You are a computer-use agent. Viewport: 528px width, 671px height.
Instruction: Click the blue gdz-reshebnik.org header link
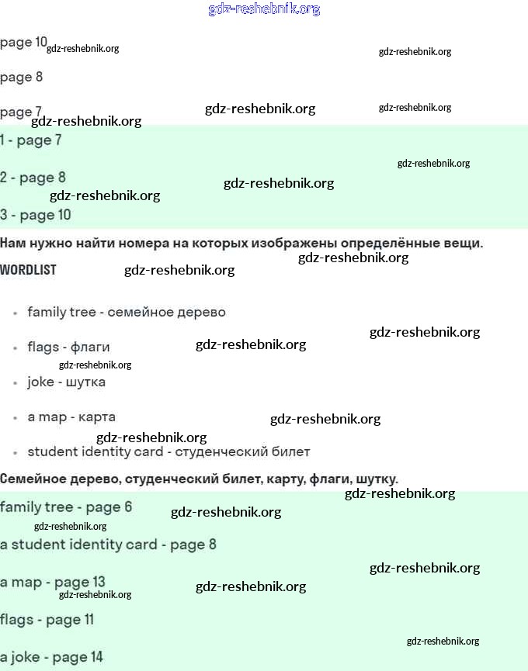coord(264,9)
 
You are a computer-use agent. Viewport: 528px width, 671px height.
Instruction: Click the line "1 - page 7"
coord(31,140)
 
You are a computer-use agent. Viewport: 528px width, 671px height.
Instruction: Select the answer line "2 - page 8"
coord(33,178)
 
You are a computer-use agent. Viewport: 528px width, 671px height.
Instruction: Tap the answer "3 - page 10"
coord(36,215)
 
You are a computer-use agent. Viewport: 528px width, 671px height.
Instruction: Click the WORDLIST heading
coord(29,270)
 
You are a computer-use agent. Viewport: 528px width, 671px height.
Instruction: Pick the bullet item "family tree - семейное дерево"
coord(127,312)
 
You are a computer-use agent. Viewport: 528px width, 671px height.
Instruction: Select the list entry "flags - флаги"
coord(68,347)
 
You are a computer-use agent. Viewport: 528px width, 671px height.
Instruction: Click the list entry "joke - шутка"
coord(66,382)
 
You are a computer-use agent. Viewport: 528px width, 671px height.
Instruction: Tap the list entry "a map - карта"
coord(71,417)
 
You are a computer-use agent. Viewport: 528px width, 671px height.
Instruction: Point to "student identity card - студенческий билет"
coord(168,451)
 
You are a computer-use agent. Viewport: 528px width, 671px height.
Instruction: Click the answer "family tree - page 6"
coord(66,507)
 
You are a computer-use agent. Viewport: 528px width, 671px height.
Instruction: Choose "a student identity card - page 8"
coord(108,545)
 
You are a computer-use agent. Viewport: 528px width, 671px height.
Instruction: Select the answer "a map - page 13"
coord(53,582)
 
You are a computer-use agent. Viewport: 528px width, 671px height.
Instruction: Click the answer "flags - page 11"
coord(47,620)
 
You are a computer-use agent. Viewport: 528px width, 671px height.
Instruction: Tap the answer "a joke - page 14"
coord(51,657)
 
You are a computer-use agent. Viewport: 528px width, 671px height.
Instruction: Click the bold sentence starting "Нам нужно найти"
coord(241,244)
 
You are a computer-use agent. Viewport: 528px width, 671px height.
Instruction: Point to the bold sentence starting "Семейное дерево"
coord(199,479)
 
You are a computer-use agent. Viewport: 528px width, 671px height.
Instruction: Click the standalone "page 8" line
coord(22,77)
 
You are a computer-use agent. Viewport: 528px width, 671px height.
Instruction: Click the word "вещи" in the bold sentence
coord(463,244)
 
